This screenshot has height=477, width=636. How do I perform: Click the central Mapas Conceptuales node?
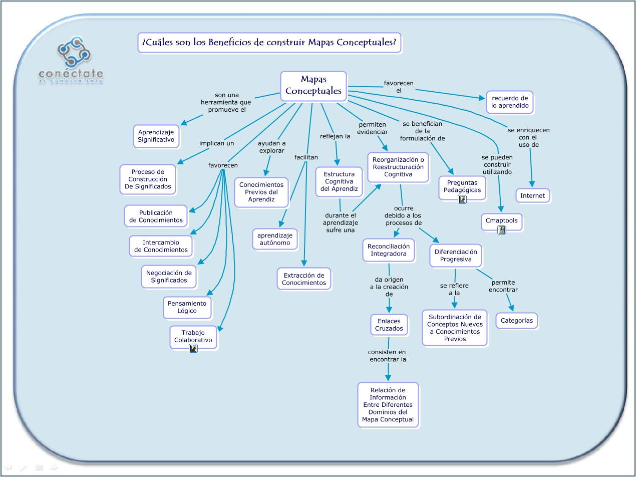pyautogui.click(x=313, y=86)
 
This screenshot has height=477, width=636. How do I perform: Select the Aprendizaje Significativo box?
pyautogui.click(x=156, y=136)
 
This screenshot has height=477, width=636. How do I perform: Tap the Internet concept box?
pyautogui.click(x=532, y=195)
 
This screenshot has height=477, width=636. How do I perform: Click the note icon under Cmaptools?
pyautogui.click(x=502, y=230)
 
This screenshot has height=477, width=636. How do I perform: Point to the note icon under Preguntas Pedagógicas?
pyautogui.click(x=462, y=199)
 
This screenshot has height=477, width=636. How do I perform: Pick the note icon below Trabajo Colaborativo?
pyautogui.click(x=193, y=348)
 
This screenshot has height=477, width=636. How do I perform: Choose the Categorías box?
pyautogui.click(x=517, y=321)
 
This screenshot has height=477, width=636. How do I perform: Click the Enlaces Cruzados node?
pyautogui.click(x=389, y=325)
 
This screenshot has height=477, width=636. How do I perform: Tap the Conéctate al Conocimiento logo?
pyautogui.click(x=72, y=61)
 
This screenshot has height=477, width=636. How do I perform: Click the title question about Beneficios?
pyautogui.click(x=269, y=43)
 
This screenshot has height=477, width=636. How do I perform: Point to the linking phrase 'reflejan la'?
pyautogui.click(x=335, y=136)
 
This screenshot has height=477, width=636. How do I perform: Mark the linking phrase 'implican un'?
pyautogui.click(x=217, y=143)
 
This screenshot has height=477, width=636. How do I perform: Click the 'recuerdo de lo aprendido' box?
pyautogui.click(x=510, y=102)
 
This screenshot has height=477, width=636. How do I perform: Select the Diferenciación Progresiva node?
pyautogui.click(x=456, y=256)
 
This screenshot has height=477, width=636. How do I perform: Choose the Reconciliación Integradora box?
pyautogui.click(x=389, y=250)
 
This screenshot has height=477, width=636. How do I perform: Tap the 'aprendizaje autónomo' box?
pyautogui.click(x=275, y=238)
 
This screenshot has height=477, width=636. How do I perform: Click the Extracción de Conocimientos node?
pyautogui.click(x=304, y=279)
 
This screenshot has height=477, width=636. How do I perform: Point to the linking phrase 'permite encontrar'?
pyautogui.click(x=503, y=286)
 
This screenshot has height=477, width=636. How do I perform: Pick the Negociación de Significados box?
pyautogui.click(x=169, y=277)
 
